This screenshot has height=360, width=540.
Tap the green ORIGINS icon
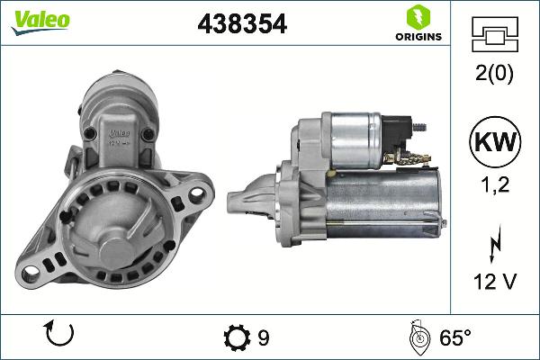tap(418, 17)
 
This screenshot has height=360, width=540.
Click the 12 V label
tap(495, 283)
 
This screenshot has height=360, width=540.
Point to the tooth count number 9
tap(263, 337)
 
